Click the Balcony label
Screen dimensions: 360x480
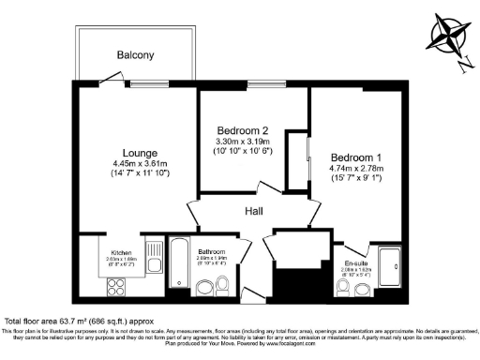tap(135, 55)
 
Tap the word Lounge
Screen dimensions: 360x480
tap(139, 152)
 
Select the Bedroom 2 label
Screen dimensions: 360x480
tap(250, 129)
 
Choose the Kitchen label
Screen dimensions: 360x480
tap(122, 253)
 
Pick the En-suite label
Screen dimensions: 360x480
tap(355, 263)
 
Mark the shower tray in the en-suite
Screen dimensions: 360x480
tap(393, 268)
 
